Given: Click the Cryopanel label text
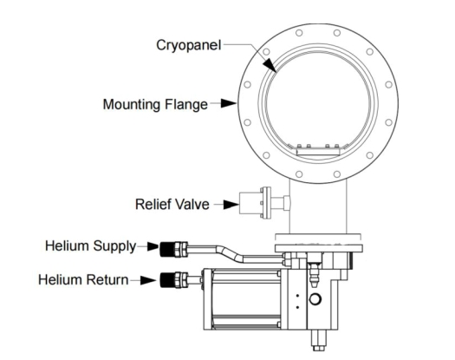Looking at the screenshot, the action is coord(189,46).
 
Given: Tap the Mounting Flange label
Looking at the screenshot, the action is coord(155,105).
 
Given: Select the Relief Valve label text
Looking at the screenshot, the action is coord(172,204).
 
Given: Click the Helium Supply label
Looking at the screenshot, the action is coord(90,246).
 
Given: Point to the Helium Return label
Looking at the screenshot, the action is coord(83,280).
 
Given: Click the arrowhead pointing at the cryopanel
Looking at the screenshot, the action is coord(270,65).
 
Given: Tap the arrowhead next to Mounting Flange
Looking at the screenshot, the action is coord(229,103).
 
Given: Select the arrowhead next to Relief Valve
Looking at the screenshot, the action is coord(231,204).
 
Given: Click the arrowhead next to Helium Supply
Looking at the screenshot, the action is coord(153,246).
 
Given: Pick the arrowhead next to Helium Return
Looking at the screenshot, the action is coord(148,280).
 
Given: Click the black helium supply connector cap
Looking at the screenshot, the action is coord(167,249).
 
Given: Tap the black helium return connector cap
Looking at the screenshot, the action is coord(167,280).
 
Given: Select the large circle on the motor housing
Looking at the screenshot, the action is coord(315,299).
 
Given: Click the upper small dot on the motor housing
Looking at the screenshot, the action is coord(297,296).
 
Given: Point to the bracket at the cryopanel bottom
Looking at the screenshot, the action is coord(318,151).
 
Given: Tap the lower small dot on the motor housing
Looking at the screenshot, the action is coord(297,307).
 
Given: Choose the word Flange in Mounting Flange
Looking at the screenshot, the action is coord(186,105).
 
